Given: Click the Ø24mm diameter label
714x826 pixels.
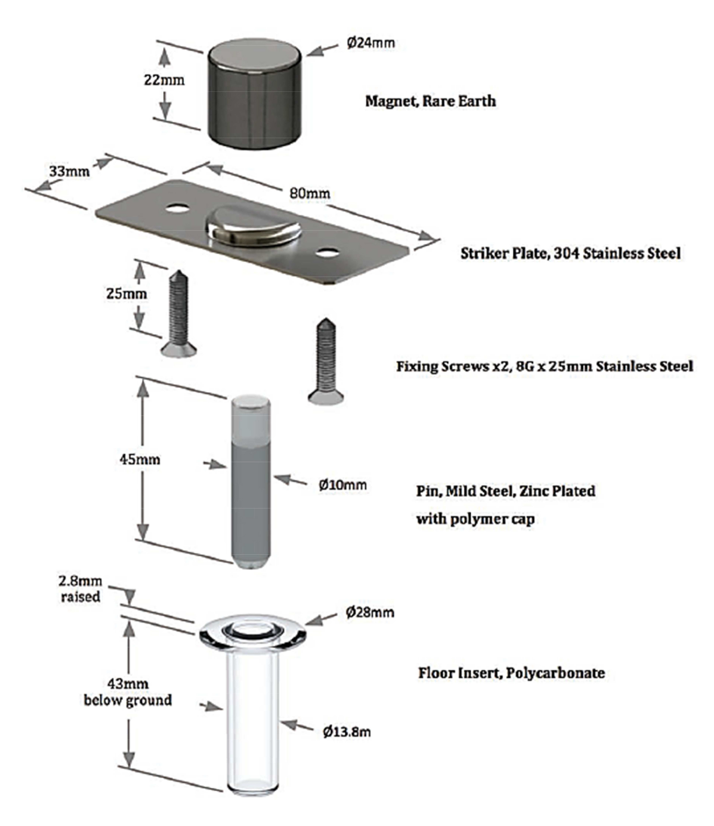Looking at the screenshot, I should click(x=370, y=42).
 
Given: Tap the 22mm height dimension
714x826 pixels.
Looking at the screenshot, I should click(x=164, y=80).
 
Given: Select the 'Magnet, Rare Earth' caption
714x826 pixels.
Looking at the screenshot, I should click(x=430, y=101).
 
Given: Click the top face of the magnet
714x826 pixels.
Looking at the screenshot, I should click(x=254, y=56).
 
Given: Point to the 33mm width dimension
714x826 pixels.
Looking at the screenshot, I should click(x=69, y=171).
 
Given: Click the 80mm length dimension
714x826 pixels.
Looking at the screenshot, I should click(x=310, y=194).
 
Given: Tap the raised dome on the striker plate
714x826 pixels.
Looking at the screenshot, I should click(x=254, y=226).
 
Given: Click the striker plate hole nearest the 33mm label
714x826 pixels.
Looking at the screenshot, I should click(x=178, y=208).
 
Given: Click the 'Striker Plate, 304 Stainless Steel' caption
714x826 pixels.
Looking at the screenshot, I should click(x=570, y=253).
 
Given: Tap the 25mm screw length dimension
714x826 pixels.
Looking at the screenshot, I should click(x=126, y=294).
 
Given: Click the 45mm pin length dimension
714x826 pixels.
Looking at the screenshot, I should click(x=140, y=459).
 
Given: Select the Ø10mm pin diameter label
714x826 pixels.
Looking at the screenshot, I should click(x=343, y=485).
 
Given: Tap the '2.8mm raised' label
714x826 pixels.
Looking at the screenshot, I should click(x=80, y=588).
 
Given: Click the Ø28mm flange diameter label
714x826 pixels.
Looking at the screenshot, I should click(x=370, y=612).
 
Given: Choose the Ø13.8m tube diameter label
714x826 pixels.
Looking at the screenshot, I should click(x=346, y=732).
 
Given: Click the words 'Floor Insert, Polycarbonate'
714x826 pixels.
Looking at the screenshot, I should click(x=511, y=673).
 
